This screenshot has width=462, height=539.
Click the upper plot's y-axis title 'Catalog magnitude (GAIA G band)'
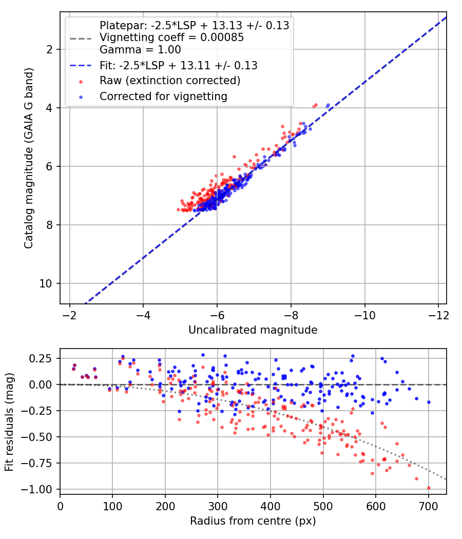click(x=29, y=158)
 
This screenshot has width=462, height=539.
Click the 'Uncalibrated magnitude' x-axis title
click(x=253, y=330)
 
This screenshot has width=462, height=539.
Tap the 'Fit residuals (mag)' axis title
click(x=9, y=422)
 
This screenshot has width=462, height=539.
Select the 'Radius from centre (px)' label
click(x=253, y=521)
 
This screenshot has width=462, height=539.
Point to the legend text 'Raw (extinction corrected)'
click(x=170, y=81)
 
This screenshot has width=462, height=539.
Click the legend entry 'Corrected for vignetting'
click(x=163, y=97)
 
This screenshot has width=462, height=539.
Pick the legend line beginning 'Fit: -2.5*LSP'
click(x=179, y=65)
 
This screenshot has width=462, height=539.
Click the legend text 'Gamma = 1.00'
click(x=140, y=50)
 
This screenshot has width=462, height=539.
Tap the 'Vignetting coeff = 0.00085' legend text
click(x=171, y=37)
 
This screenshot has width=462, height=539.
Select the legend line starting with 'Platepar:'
click(x=194, y=26)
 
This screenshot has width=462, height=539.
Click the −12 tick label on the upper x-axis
click(x=438, y=315)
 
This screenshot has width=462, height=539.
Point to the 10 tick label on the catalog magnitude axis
click(x=45, y=283)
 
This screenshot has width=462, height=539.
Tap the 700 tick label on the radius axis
click(x=429, y=506)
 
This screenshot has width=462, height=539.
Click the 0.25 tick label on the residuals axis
click(x=41, y=358)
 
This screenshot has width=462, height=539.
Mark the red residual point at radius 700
click(x=429, y=488)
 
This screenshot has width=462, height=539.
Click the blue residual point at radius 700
click(x=429, y=402)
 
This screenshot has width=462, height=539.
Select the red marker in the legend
click(x=81, y=82)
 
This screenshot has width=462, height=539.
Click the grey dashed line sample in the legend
click(x=81, y=38)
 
